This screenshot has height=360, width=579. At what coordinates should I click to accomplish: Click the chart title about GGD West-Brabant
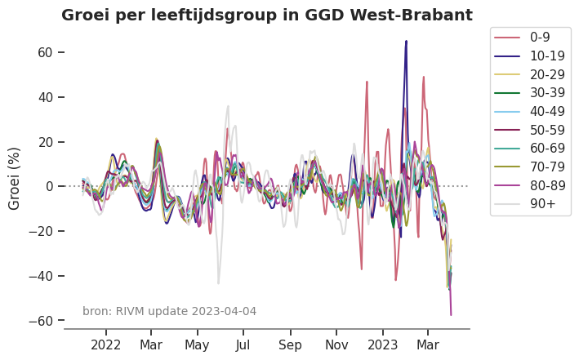point(266,15)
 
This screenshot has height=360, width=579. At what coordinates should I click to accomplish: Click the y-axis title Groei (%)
point(15,178)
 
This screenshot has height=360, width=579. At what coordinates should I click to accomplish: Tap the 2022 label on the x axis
point(106,344)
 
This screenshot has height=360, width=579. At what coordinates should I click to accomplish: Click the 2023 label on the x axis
point(382,344)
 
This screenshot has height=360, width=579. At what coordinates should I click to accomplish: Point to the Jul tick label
point(243,344)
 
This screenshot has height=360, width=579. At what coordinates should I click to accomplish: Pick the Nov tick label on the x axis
point(336,344)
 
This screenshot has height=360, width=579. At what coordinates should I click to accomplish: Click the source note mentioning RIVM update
point(169,311)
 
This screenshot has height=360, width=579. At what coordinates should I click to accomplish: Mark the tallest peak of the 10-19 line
point(406,41)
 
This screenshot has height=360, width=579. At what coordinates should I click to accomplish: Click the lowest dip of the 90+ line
point(218,283)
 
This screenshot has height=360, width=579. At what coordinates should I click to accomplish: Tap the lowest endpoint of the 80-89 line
point(451,314)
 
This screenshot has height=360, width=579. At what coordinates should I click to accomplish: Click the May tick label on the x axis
point(197,344)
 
